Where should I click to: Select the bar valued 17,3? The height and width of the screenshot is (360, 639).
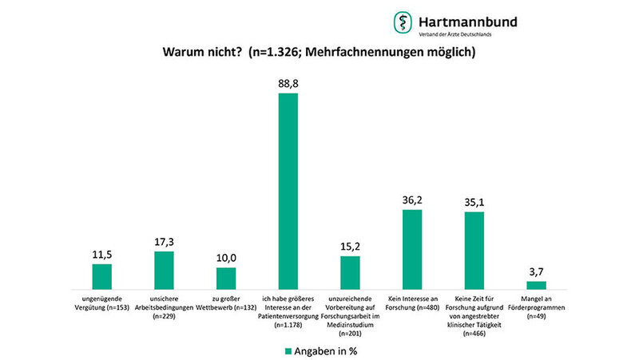[164, 269]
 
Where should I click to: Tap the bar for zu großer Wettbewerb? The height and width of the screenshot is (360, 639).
[226, 278]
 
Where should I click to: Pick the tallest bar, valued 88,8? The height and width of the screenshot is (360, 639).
[288, 191]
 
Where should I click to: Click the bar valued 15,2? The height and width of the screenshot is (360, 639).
[350, 271]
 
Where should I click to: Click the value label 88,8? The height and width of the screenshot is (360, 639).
[288, 82]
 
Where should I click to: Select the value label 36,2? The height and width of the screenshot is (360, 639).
[412, 199]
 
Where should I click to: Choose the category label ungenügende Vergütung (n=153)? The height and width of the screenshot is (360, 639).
[101, 302]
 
